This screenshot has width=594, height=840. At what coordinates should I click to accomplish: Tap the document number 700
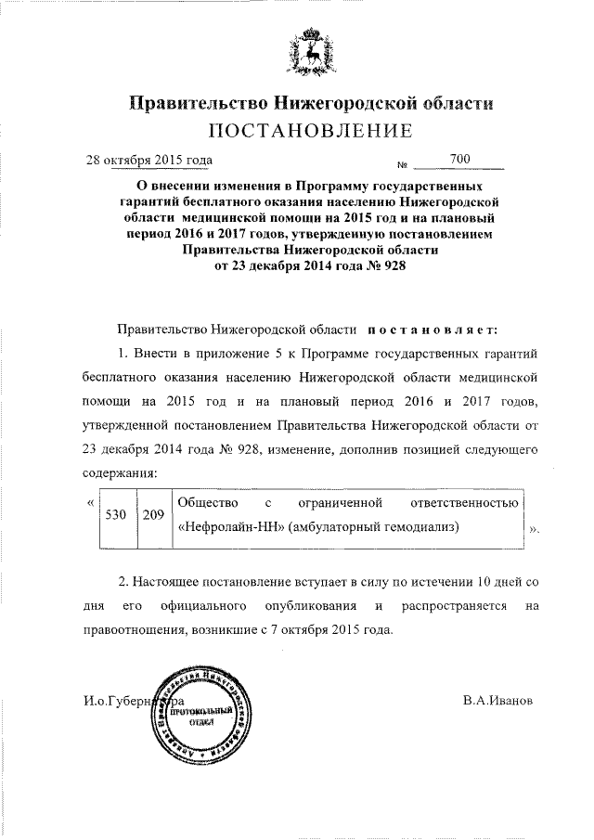click(x=458, y=160)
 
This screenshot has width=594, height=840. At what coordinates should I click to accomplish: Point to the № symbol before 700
click(x=402, y=166)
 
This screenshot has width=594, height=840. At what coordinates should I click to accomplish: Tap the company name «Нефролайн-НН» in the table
click(x=229, y=527)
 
